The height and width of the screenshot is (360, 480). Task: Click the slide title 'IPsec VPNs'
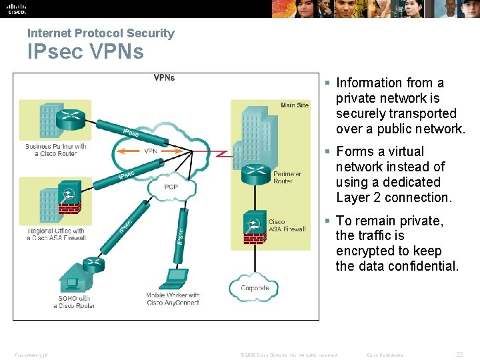(85, 51)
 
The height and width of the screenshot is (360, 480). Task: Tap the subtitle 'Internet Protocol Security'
(101, 33)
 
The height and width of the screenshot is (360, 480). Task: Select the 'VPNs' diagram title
(164, 77)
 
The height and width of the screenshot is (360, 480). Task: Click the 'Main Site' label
(295, 105)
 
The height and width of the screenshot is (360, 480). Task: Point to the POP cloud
(171, 187)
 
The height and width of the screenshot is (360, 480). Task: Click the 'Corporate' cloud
(255, 288)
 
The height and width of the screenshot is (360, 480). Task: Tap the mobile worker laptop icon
(176, 277)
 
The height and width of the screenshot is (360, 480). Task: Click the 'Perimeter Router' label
(287, 177)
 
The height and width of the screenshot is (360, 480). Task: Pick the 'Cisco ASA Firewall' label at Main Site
(287, 225)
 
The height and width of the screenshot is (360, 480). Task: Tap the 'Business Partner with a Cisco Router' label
(56, 150)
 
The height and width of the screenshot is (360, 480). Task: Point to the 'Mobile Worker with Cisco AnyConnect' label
(173, 299)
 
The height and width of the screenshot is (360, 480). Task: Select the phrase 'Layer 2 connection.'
(394, 197)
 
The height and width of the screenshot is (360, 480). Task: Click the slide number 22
(459, 355)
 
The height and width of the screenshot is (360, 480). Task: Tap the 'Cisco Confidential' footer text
(385, 355)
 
